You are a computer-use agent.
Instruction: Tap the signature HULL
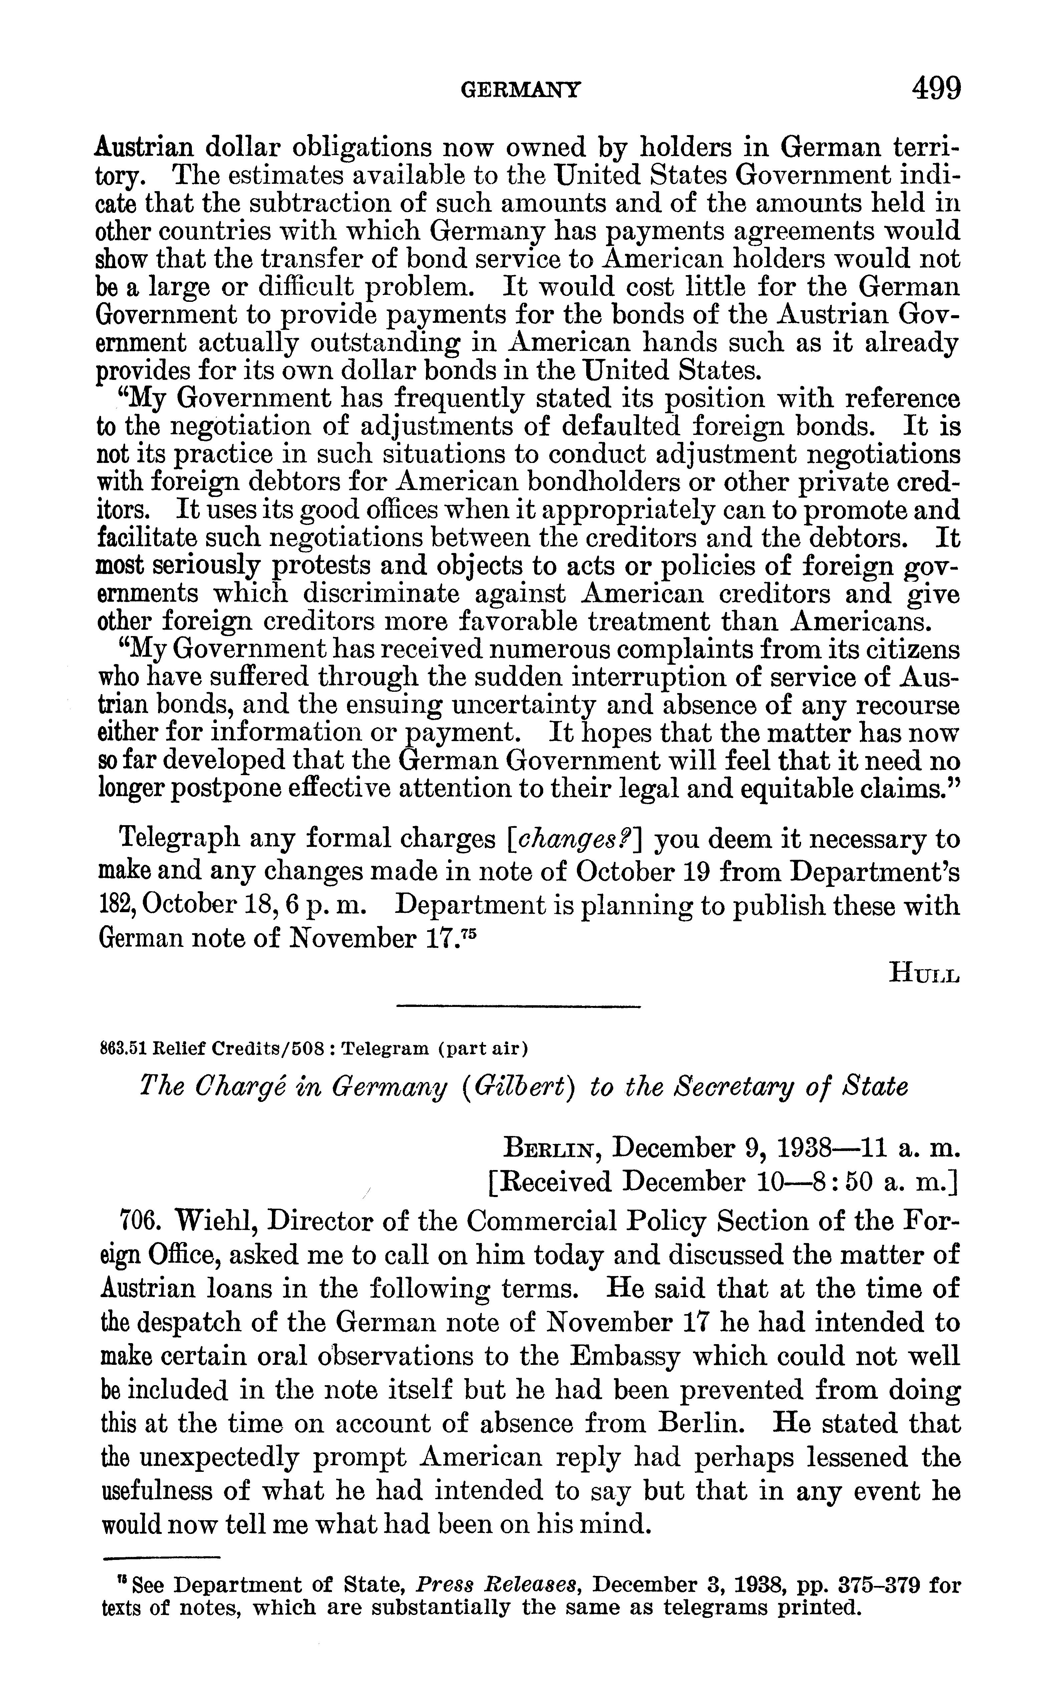pyautogui.click(x=924, y=973)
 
